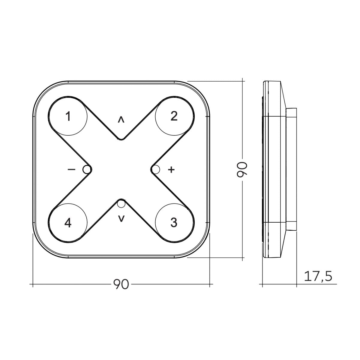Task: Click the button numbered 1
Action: (x=68, y=116)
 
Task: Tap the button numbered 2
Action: (x=175, y=116)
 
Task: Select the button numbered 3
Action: (x=175, y=223)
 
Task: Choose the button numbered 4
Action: (x=68, y=223)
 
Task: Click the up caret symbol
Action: (x=121, y=120)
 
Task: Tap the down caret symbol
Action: (x=121, y=219)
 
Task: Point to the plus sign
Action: (x=171, y=169)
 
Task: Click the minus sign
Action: (x=71, y=169)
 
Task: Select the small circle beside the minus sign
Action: (x=87, y=169)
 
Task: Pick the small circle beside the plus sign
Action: (x=156, y=169)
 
